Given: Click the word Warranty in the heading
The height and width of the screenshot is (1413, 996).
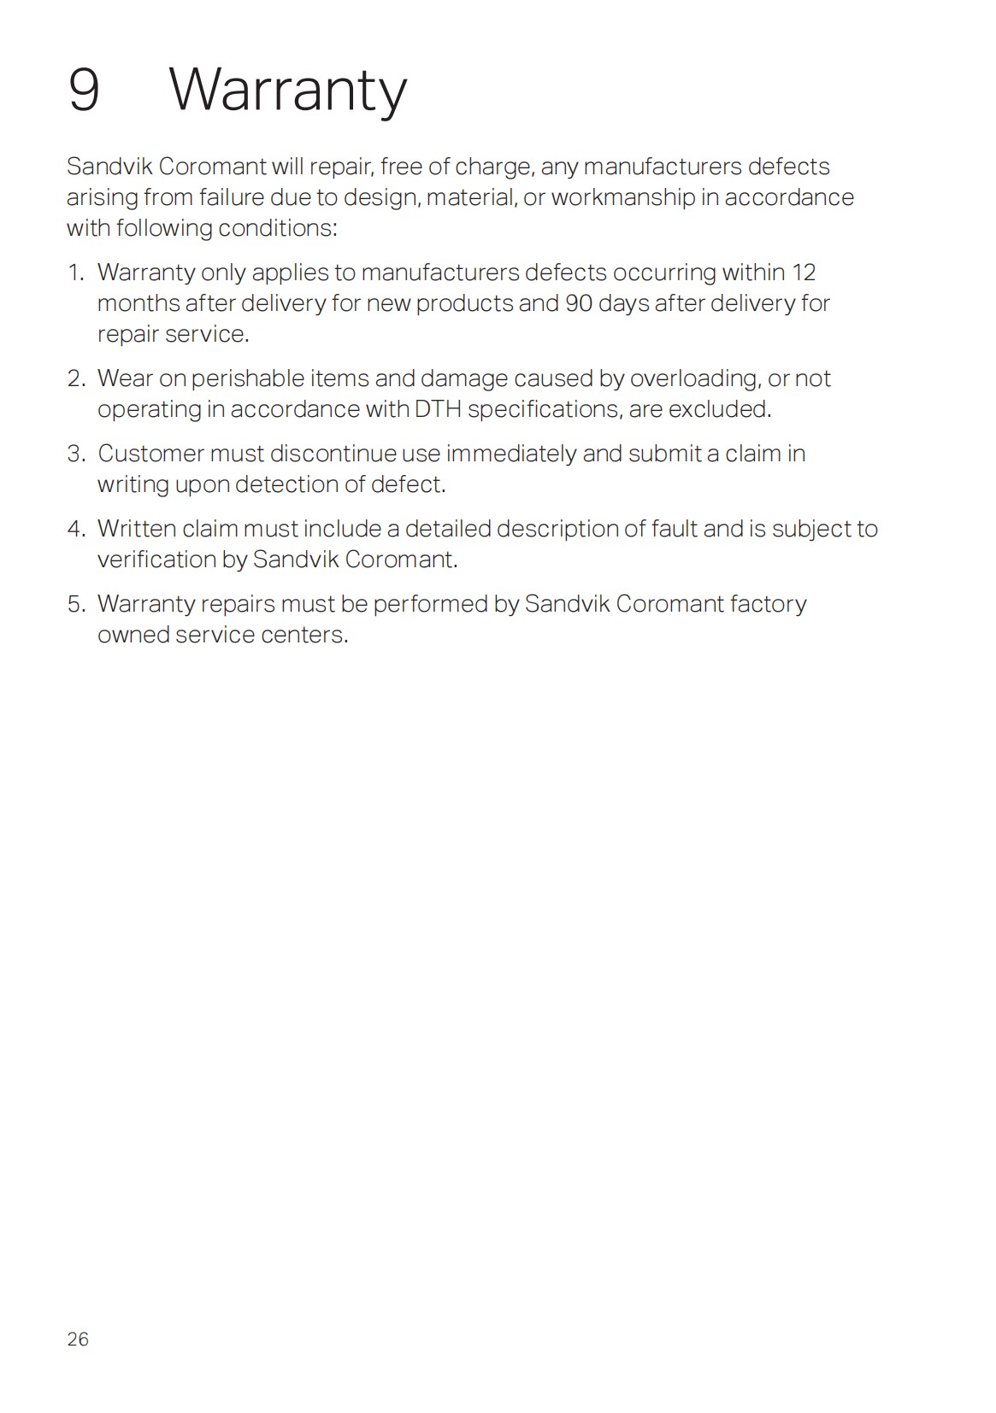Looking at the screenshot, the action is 288,91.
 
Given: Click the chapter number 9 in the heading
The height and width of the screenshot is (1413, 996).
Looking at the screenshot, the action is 83,90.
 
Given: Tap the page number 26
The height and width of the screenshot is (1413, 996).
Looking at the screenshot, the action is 78,1339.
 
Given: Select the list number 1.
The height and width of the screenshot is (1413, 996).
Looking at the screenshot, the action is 75,273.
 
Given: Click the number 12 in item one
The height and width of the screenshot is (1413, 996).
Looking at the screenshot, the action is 804,273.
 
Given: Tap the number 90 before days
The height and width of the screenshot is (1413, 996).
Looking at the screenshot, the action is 579,303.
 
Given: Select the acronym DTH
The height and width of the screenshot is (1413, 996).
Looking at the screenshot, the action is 438,409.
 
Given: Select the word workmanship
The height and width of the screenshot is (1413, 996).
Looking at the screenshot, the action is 622,197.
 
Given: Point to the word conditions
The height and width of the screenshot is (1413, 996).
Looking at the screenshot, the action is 277,228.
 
